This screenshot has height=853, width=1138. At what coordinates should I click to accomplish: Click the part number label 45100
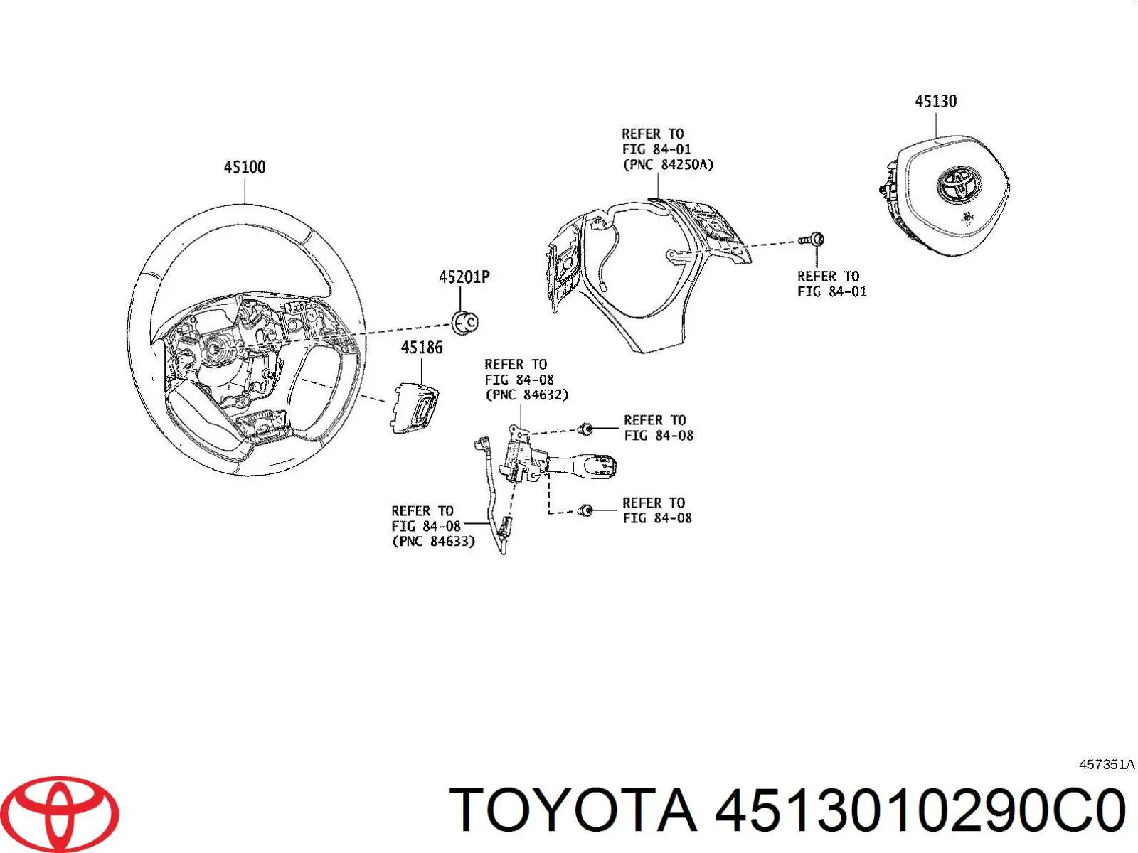245,167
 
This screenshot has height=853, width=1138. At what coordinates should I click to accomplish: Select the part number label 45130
935,102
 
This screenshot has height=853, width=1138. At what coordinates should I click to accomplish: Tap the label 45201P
464,277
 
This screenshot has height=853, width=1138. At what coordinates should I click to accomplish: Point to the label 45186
421,348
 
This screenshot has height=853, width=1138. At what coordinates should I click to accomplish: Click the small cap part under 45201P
465,322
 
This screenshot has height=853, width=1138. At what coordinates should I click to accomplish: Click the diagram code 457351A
1106,765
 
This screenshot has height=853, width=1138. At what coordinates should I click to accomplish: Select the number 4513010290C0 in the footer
920,811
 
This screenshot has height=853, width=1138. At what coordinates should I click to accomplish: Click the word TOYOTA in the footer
573,811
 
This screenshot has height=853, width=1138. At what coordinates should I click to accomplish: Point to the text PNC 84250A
668,165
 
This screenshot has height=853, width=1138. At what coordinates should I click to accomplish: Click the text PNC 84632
526,395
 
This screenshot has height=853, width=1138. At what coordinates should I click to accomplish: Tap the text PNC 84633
433,542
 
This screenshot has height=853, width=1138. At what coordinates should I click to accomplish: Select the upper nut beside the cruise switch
585,429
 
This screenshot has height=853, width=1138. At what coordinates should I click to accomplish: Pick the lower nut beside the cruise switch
585,510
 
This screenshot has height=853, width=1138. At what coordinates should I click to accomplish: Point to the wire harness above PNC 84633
490,490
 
